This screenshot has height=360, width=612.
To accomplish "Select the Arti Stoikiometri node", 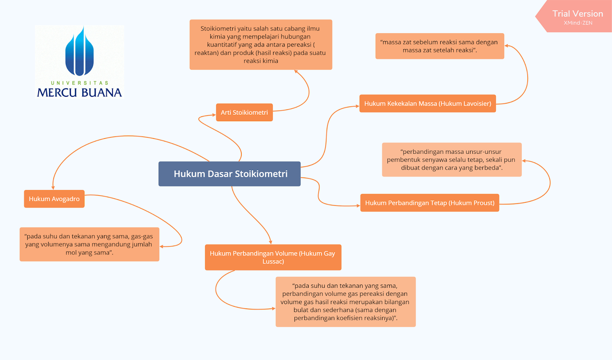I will [244, 112].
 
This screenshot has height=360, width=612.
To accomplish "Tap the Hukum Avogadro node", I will [54, 199].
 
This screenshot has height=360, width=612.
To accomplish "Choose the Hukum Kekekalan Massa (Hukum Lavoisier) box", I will [427, 104].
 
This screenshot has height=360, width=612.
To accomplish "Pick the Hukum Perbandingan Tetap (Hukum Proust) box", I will [430, 203].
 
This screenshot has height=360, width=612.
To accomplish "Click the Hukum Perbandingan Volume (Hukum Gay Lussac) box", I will [273, 257].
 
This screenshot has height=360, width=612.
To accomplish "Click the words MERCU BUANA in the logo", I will [80, 93].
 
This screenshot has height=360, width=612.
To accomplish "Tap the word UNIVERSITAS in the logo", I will [80, 83].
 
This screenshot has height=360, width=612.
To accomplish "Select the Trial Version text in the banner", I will [578, 14].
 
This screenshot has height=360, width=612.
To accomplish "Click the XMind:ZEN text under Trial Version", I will [578, 23].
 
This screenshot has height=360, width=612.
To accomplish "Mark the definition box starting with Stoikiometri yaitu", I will [260, 45].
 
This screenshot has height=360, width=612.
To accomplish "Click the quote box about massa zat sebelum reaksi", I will [439, 46].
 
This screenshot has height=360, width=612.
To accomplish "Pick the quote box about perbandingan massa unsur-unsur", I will [451, 160].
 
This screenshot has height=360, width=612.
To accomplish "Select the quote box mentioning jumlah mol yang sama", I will [89, 244].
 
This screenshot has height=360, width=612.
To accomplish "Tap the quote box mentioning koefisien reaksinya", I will [345, 302].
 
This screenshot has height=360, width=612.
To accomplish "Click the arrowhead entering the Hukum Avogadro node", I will [53, 188].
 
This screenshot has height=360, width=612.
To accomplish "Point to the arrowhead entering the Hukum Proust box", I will [358, 205].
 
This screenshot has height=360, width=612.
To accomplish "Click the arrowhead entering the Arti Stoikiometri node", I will [214, 115].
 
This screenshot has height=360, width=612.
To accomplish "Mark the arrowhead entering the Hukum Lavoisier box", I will [357, 106].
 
